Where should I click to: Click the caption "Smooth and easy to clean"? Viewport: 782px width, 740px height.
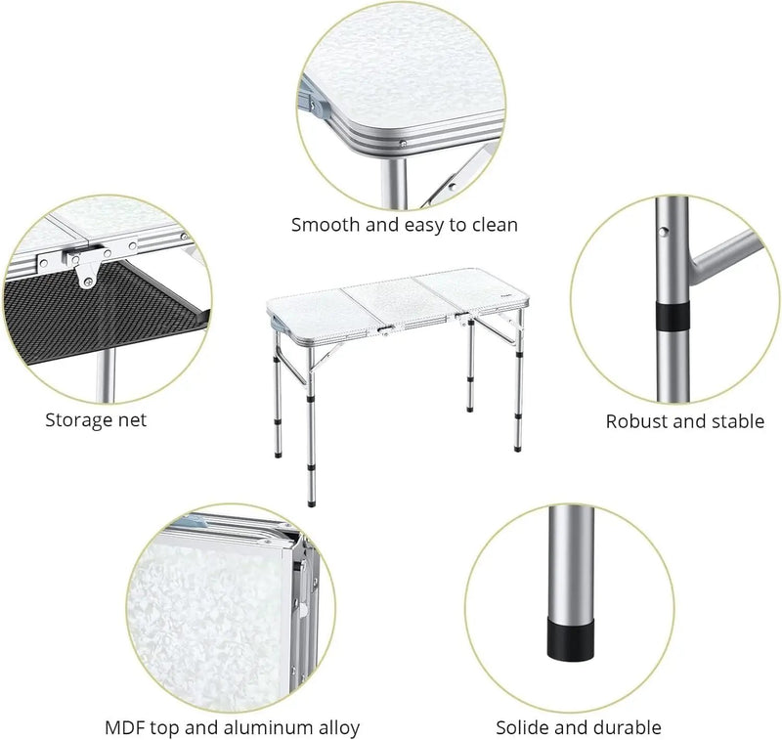click(x=405, y=226)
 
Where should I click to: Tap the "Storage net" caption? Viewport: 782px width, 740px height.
click(x=96, y=420)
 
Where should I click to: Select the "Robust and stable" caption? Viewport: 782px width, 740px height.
click(x=685, y=421)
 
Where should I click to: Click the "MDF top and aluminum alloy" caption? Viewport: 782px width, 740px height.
click(x=233, y=727)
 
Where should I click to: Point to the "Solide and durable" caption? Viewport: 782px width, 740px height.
click(x=579, y=727)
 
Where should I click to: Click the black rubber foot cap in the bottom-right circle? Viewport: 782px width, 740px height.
click(x=572, y=640)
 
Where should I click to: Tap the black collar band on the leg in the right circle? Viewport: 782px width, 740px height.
click(x=673, y=315)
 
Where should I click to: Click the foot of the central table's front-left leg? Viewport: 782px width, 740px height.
click(x=312, y=502)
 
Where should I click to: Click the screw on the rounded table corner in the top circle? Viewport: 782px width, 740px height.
click(x=403, y=143)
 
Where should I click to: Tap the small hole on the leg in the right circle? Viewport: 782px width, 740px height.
click(x=663, y=232)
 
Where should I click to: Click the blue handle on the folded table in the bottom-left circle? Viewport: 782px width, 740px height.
click(x=195, y=522)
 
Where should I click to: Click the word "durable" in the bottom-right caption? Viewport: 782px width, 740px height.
click(x=626, y=727)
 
